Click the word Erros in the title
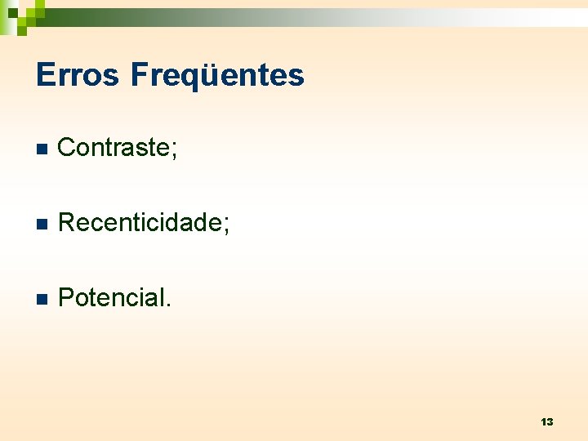point(78,75)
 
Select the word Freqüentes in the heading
point(217,75)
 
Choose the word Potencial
point(112,297)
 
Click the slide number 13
point(546,421)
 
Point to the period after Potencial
point(169,305)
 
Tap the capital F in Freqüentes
point(138,75)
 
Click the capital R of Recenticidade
point(68,222)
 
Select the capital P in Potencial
point(67,297)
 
